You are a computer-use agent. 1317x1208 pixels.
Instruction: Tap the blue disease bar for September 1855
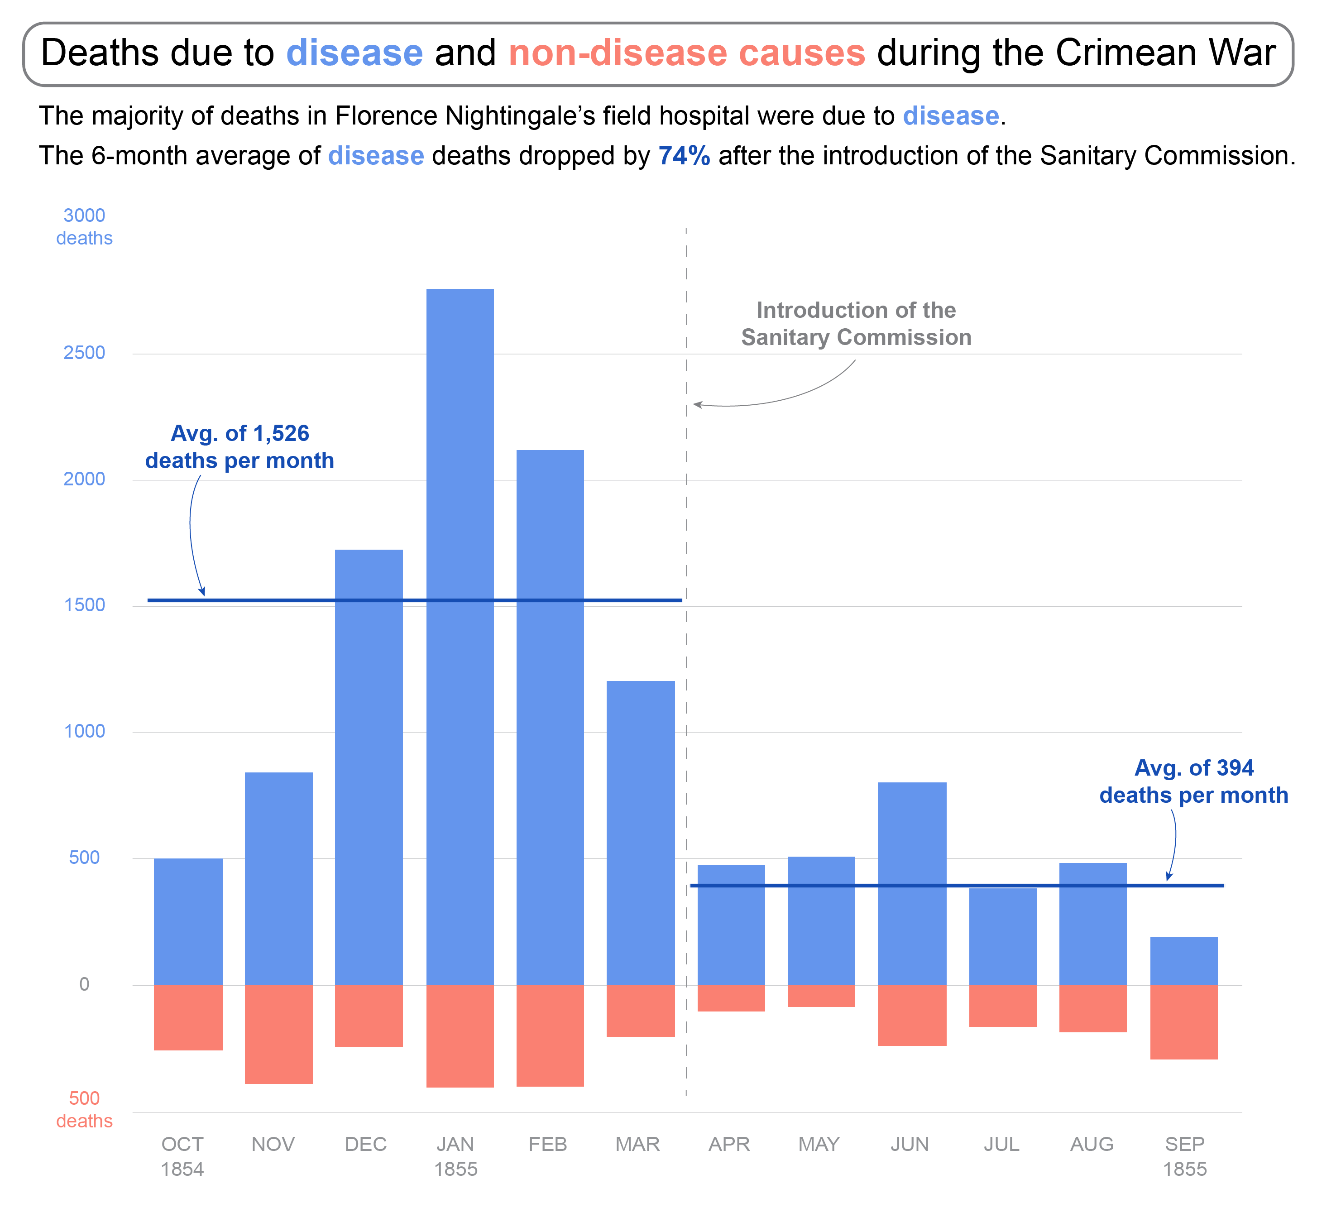tap(1183, 961)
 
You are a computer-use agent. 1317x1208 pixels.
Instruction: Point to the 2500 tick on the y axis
tap(84, 353)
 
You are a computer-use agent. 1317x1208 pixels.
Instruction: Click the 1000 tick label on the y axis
tap(84, 731)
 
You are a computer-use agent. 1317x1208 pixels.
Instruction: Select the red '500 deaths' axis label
tap(84, 1109)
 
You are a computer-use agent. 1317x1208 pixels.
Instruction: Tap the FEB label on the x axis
tap(548, 1144)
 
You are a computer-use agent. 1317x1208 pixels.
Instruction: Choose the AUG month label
tap(1092, 1144)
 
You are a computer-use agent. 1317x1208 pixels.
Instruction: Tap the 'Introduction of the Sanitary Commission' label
tap(856, 324)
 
